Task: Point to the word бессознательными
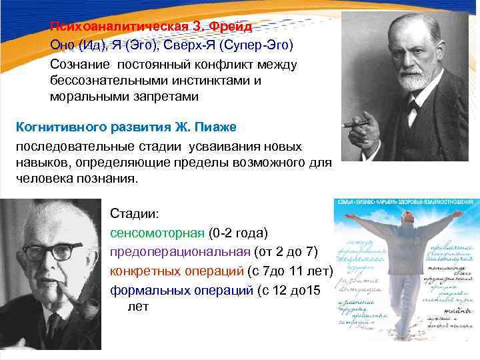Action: click(x=104, y=80)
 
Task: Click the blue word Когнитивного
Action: click(x=57, y=127)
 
